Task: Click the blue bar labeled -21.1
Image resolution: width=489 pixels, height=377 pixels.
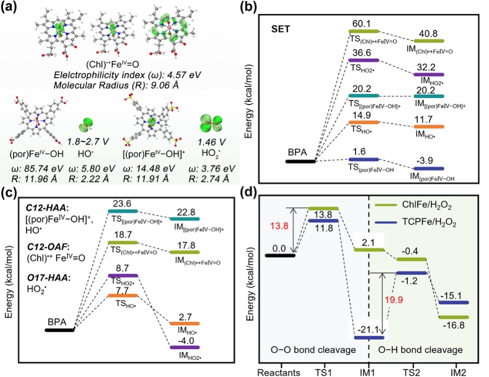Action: point(368,337)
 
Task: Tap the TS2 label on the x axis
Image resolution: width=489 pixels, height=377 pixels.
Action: point(411,371)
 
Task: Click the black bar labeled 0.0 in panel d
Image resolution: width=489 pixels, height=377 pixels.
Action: point(280,255)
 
